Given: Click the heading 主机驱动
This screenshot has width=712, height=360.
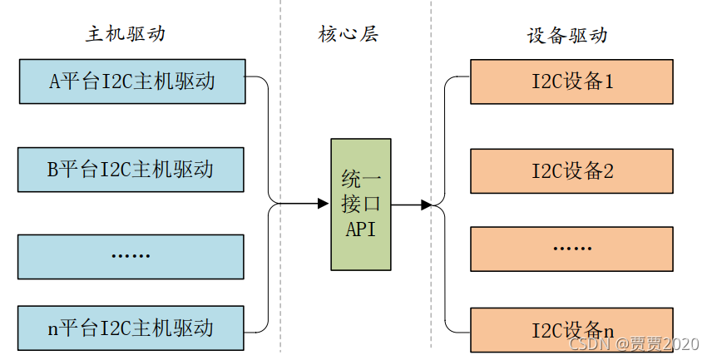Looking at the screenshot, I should (x=125, y=35).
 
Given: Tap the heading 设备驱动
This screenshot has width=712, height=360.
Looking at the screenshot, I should (x=567, y=35).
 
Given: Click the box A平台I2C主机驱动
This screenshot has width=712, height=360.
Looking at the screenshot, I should (x=131, y=81).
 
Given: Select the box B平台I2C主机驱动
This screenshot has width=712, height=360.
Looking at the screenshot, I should (x=131, y=170).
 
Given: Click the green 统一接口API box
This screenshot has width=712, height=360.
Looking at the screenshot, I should (x=361, y=205).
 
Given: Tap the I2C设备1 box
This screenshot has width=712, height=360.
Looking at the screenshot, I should (x=572, y=81).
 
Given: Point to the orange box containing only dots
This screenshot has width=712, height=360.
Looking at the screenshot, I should (x=572, y=248).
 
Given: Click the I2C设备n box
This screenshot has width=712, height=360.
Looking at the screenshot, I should (x=572, y=329).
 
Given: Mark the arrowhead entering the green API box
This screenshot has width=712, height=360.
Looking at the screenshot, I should (x=324, y=204).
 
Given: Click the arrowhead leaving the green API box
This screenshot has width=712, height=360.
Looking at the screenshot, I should (x=426, y=204).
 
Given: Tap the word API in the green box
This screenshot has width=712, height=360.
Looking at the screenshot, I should (x=361, y=229).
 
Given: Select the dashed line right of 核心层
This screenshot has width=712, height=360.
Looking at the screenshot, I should (x=431, y=125).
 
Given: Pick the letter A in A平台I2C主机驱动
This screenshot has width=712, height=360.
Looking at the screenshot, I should (x=55, y=81).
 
